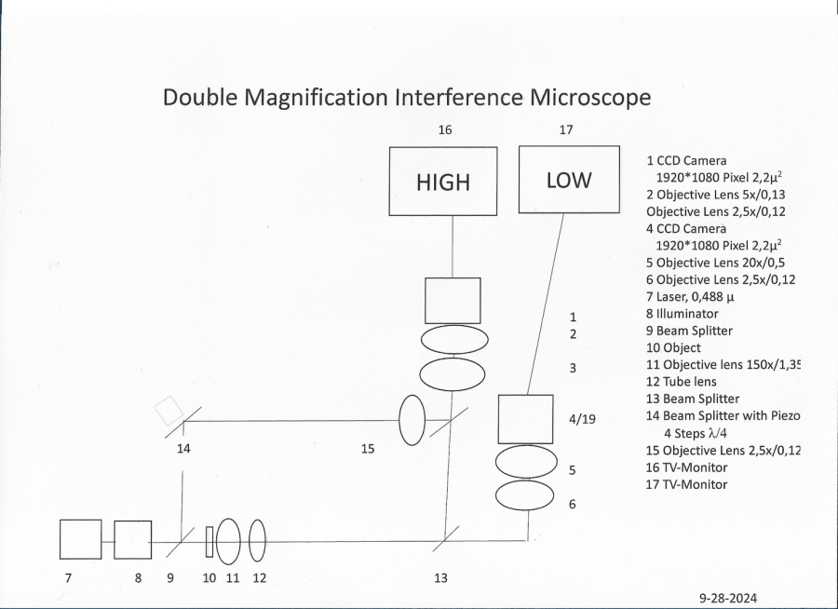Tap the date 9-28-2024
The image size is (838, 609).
728,597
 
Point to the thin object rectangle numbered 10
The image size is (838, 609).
209,542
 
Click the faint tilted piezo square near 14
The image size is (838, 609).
169,410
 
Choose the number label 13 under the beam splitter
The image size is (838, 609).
440,578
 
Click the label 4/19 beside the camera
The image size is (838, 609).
582,419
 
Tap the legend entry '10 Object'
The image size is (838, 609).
673,347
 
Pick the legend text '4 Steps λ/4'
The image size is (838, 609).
696,433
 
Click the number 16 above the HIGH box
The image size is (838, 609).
445,129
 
